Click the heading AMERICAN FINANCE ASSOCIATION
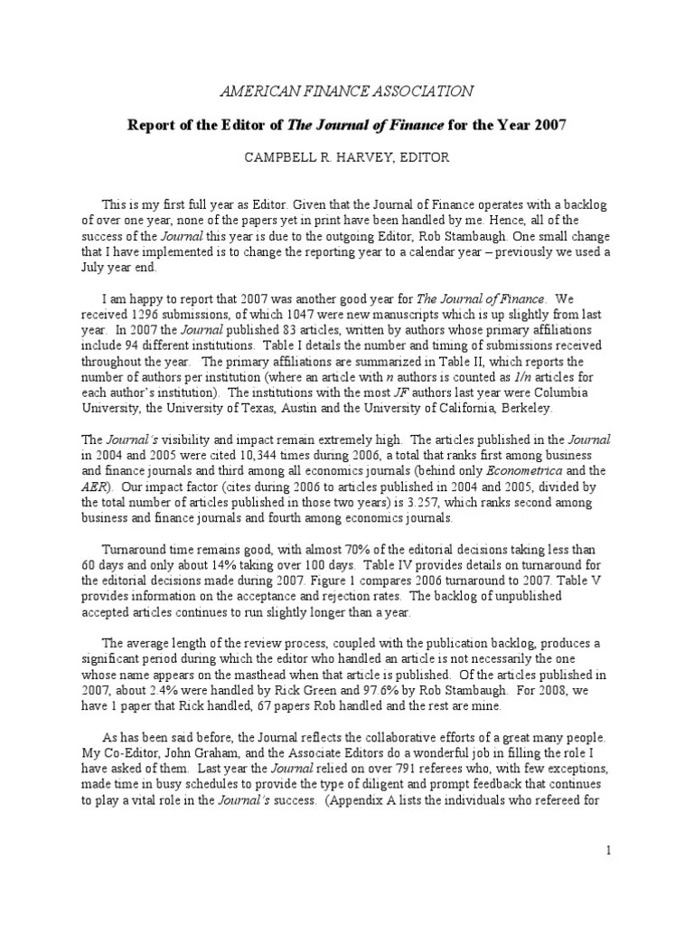point(347,90)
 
